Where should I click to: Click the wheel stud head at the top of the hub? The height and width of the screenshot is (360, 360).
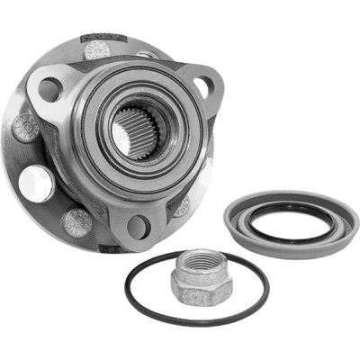[x=96, y=49]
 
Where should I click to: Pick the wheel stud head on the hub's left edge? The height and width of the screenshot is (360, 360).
[x=24, y=127]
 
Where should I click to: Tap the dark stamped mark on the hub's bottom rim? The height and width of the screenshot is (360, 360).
[x=106, y=245]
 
